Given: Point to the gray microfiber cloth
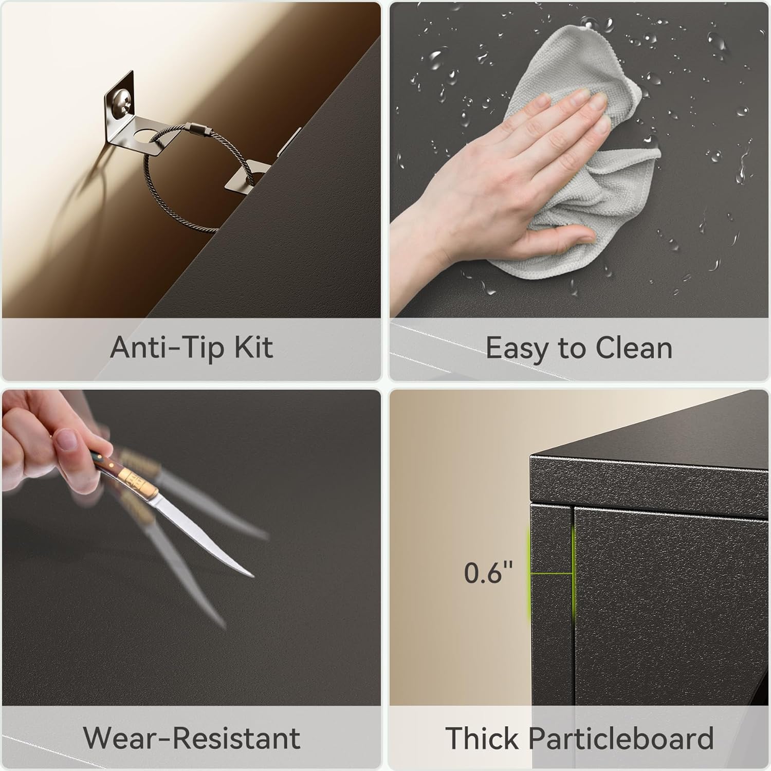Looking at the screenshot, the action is tap(576, 170).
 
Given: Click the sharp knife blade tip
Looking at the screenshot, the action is tap(253, 576).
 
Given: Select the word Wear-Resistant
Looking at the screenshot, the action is tap(191, 738).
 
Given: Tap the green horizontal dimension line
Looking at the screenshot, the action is tap(552, 573).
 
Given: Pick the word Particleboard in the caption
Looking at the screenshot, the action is tap(621, 738).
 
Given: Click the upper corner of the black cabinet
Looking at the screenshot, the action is tap(530, 455).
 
